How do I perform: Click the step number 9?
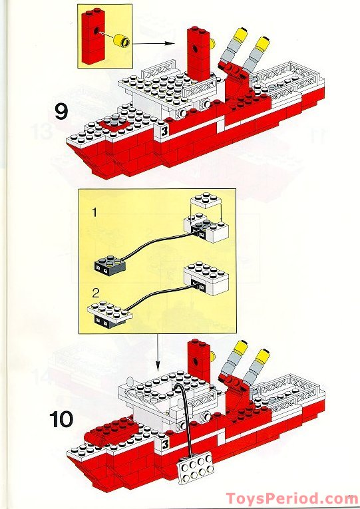pyautogui.click(x=61, y=110)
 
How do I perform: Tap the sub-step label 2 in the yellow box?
pyautogui.click(x=96, y=292)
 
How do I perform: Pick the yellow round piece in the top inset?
pyautogui.click(x=121, y=44)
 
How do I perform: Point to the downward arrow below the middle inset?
pyautogui.click(x=157, y=353)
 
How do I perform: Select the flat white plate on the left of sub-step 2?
pyautogui.click(x=109, y=311)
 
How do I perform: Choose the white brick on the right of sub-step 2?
pyautogui.click(x=206, y=279)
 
